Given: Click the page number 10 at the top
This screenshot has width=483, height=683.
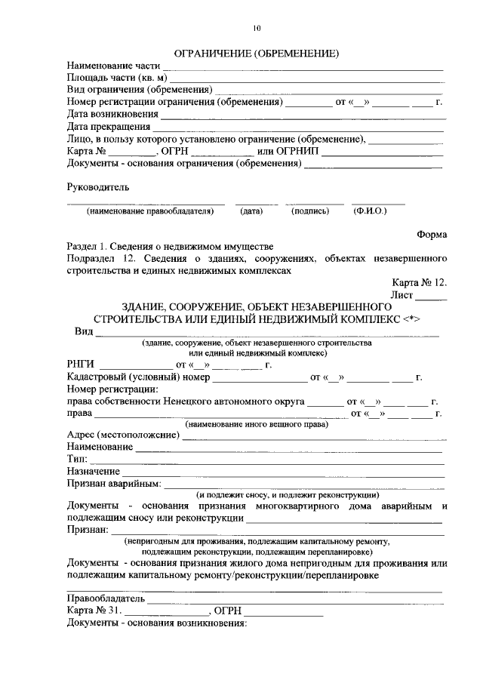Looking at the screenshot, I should (x=257, y=29).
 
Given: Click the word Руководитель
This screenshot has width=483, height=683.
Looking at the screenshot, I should (x=98, y=186).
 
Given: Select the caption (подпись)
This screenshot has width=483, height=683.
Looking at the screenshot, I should (x=309, y=211).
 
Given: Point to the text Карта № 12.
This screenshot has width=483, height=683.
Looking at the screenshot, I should (x=420, y=282).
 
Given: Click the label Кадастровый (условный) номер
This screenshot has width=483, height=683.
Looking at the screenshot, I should (x=137, y=377).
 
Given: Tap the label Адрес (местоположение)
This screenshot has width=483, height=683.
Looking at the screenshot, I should (x=118, y=435).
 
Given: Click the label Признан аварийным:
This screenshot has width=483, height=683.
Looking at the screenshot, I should (x=114, y=483).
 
